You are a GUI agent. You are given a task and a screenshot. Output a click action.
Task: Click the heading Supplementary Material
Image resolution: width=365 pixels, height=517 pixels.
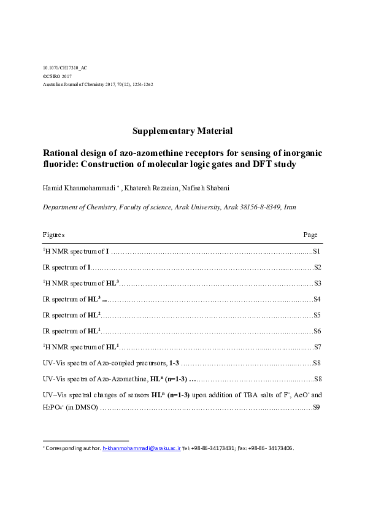click(x=182, y=130)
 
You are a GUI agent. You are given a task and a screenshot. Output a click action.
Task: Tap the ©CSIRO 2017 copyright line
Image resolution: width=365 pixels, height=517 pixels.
click(x=57, y=76)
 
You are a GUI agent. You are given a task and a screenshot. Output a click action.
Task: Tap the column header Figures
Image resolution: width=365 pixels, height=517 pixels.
click(x=53, y=235)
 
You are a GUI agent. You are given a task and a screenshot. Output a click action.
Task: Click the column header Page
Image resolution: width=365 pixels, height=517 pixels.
click(x=310, y=235)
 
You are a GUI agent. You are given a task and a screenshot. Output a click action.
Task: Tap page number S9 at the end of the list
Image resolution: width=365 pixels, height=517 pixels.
click(x=317, y=407)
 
